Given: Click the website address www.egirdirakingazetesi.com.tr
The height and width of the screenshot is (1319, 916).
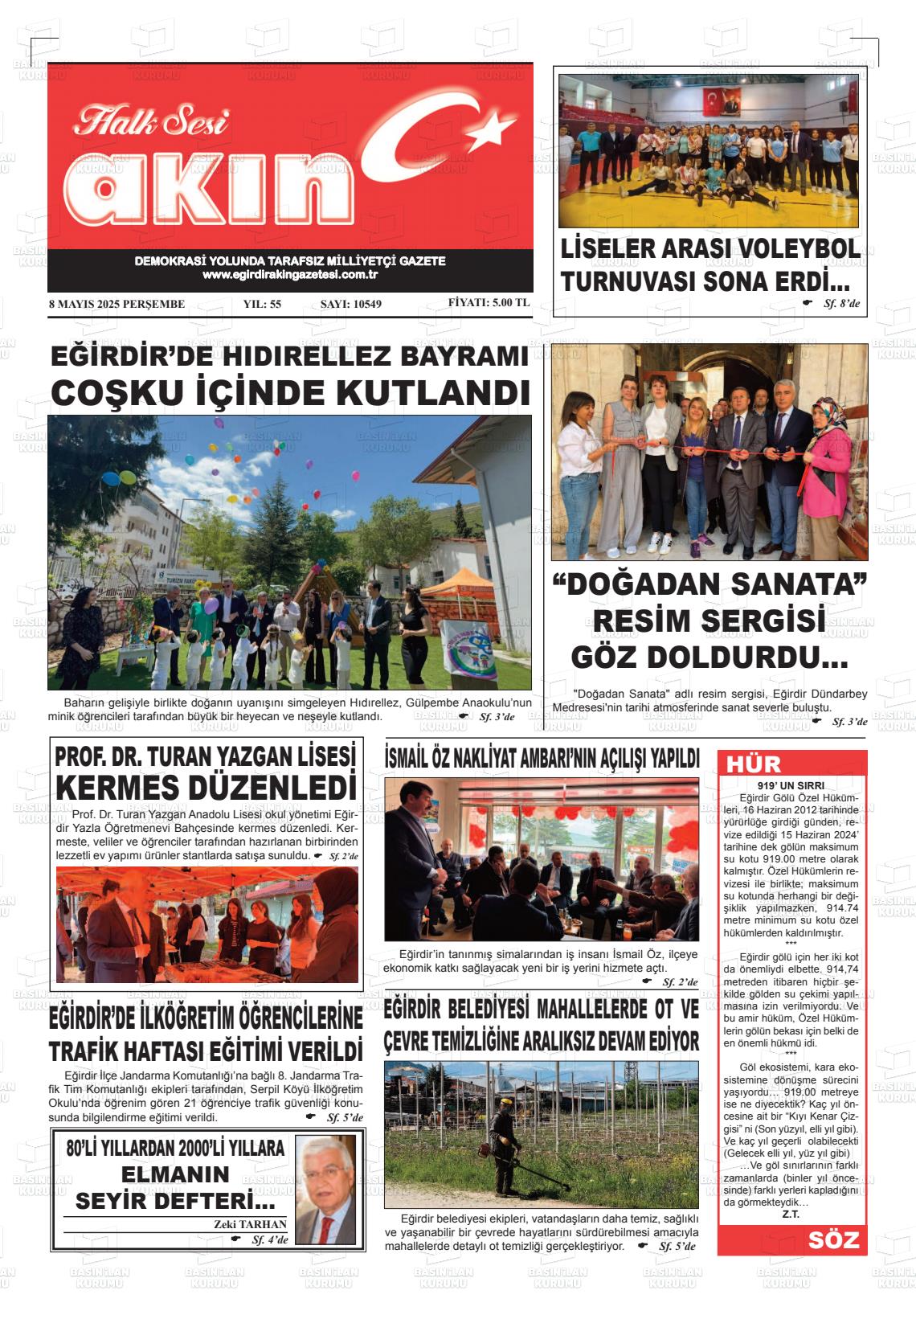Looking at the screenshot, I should pyautogui.click(x=290, y=275).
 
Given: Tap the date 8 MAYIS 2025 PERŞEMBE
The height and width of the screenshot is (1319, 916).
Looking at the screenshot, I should pyautogui.click(x=117, y=304).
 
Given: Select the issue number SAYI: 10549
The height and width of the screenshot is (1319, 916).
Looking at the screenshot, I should pyautogui.click(x=350, y=304).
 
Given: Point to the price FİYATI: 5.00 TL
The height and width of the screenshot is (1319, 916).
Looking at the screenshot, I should pyautogui.click(x=489, y=303).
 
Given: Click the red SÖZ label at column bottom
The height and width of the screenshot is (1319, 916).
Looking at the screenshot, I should pyautogui.click(x=833, y=1240).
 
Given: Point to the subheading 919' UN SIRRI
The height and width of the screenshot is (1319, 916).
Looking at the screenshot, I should pyautogui.click(x=791, y=785).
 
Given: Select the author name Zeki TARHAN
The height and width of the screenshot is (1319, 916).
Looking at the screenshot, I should pyautogui.click(x=250, y=1224).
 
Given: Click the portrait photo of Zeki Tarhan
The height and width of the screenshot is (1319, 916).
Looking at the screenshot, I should pyautogui.click(x=325, y=1189).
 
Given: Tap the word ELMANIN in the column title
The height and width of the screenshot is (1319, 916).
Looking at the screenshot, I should pyautogui.click(x=175, y=1174).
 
